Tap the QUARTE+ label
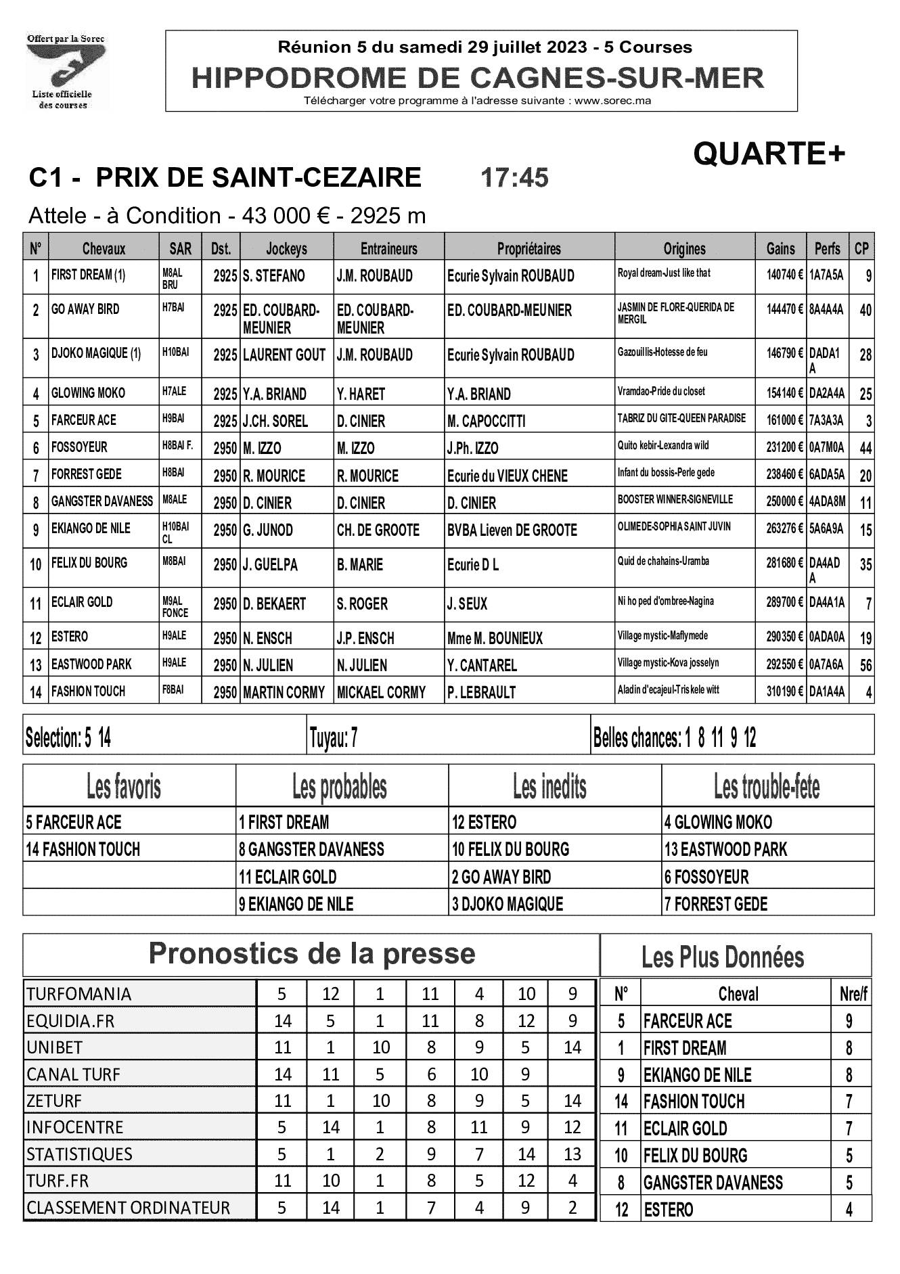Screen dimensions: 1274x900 coord(769,155)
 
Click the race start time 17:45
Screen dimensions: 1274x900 coord(514,178)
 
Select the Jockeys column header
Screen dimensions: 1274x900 coord(286,248)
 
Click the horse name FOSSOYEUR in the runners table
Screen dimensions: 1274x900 coord(79,447)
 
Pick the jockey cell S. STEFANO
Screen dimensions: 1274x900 coord(274,276)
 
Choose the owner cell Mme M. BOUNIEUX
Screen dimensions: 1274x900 coord(495,638)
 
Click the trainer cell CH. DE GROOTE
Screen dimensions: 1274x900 coord(378,530)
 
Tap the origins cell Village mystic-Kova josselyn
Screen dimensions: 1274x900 coord(668,663)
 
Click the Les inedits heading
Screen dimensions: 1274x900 coord(549,787)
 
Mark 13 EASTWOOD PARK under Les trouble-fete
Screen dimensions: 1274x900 coord(725,850)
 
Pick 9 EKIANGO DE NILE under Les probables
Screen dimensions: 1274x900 coord(296,904)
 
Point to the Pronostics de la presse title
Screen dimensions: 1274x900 coord(312,953)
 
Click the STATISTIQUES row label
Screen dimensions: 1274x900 coord(79,1154)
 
